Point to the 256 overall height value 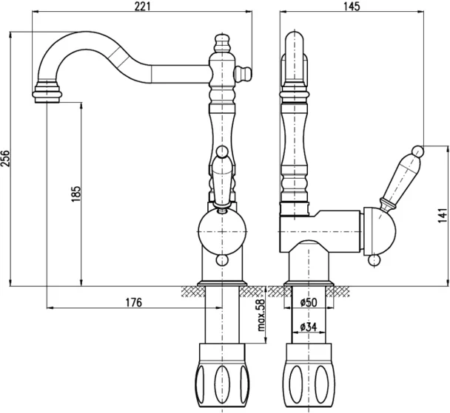click(7, 160)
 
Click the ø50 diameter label click(309, 303)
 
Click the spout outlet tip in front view click(47, 93)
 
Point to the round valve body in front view click(221, 230)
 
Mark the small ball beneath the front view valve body click(221, 260)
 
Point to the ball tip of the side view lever click(417, 152)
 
